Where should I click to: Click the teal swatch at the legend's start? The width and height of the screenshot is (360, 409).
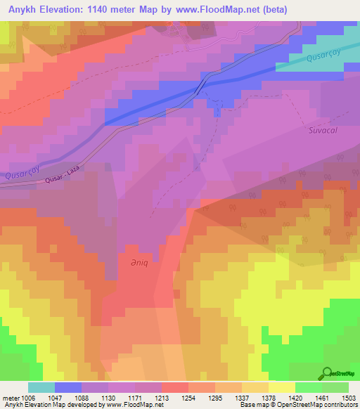pyautogui.click(x=41, y=387)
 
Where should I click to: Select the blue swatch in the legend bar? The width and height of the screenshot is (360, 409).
pyautogui.click(x=68, y=387)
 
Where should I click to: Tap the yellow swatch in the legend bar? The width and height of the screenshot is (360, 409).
pyautogui.click(x=281, y=387)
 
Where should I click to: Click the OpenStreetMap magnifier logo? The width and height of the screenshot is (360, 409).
pyautogui.click(x=326, y=373)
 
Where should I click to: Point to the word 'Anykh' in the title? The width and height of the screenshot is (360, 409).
pyautogui.click(x=21, y=9)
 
